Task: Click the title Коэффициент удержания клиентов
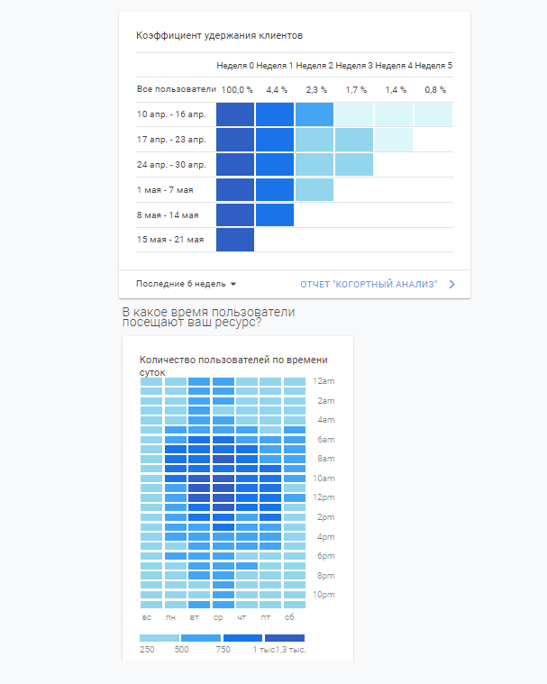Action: pos(219,36)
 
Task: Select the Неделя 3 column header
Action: pos(354,66)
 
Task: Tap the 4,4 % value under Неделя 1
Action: pos(276,90)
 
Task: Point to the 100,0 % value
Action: pos(237,90)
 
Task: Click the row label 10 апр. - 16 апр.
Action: pos(171,115)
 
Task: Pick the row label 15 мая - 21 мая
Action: pos(170,240)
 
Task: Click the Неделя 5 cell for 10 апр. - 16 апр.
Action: pos(433,115)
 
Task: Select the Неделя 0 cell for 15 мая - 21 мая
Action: pos(235,240)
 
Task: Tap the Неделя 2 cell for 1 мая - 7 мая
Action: pos(315,190)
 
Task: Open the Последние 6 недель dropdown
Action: pos(186,284)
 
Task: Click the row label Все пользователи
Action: pos(177,90)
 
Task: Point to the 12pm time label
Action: pos(325,497)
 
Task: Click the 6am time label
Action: pos(325,439)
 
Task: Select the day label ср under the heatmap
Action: pos(218,617)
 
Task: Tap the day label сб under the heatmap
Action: pos(289,617)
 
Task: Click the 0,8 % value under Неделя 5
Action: pos(435,90)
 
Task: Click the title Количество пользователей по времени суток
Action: pos(233,365)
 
